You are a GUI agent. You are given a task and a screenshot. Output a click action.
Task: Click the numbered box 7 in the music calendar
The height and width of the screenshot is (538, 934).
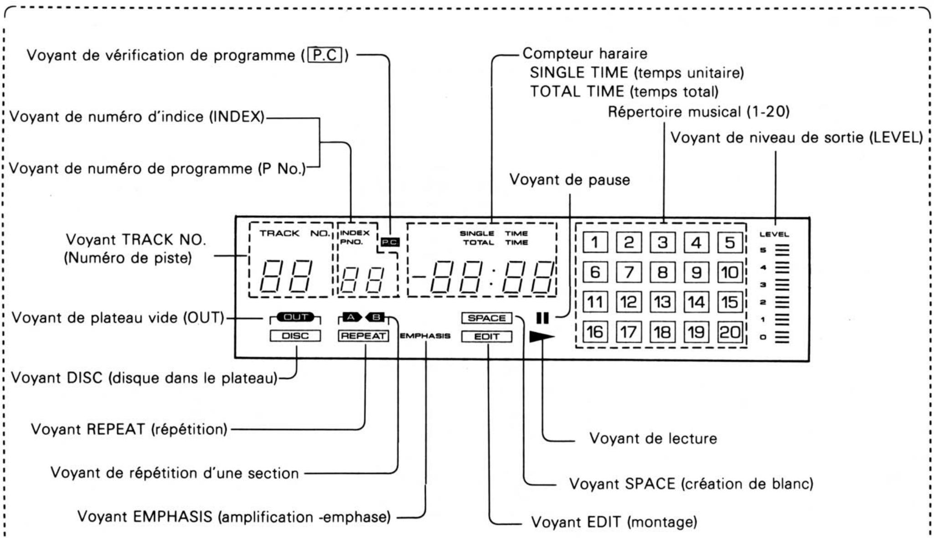pos(629,272)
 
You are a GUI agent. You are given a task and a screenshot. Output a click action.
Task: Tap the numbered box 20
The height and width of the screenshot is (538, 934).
pos(730,332)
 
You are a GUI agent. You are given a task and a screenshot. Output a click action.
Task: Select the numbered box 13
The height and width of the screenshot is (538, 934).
pos(662,302)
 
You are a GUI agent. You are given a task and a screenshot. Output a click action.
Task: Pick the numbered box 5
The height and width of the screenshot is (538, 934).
pos(730,242)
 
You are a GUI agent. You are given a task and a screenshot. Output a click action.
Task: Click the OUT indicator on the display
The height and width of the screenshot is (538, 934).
pos(295,317)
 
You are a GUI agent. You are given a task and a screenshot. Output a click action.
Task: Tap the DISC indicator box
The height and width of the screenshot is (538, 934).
pos(295,336)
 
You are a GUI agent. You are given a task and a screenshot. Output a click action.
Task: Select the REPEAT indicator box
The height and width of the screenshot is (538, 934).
pos(363,336)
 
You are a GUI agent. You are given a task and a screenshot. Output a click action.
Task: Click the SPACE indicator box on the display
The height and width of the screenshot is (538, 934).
pos(486,318)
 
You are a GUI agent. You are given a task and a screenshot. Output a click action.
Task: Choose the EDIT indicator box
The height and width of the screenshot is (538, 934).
pos(486,336)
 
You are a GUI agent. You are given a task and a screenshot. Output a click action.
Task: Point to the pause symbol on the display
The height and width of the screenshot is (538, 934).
pos(542,318)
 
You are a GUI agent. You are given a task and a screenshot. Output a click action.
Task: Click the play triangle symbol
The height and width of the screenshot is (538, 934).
pos(542,337)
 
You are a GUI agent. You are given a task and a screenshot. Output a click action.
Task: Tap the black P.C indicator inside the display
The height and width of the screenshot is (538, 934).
pos(390,242)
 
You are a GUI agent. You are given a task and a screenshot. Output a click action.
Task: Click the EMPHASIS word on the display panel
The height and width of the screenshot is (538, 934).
pos(425,336)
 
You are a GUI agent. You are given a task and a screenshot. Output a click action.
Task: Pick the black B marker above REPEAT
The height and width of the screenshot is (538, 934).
pos(376,317)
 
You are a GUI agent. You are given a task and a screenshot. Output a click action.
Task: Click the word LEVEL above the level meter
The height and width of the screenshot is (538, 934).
pos(774,234)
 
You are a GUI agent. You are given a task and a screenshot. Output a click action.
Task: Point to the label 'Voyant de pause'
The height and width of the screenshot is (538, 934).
pos(569,180)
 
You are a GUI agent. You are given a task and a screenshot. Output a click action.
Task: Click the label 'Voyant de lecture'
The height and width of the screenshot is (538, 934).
pos(653,438)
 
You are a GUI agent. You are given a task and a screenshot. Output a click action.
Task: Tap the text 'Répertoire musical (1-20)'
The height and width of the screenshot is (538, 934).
pos(699,112)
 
